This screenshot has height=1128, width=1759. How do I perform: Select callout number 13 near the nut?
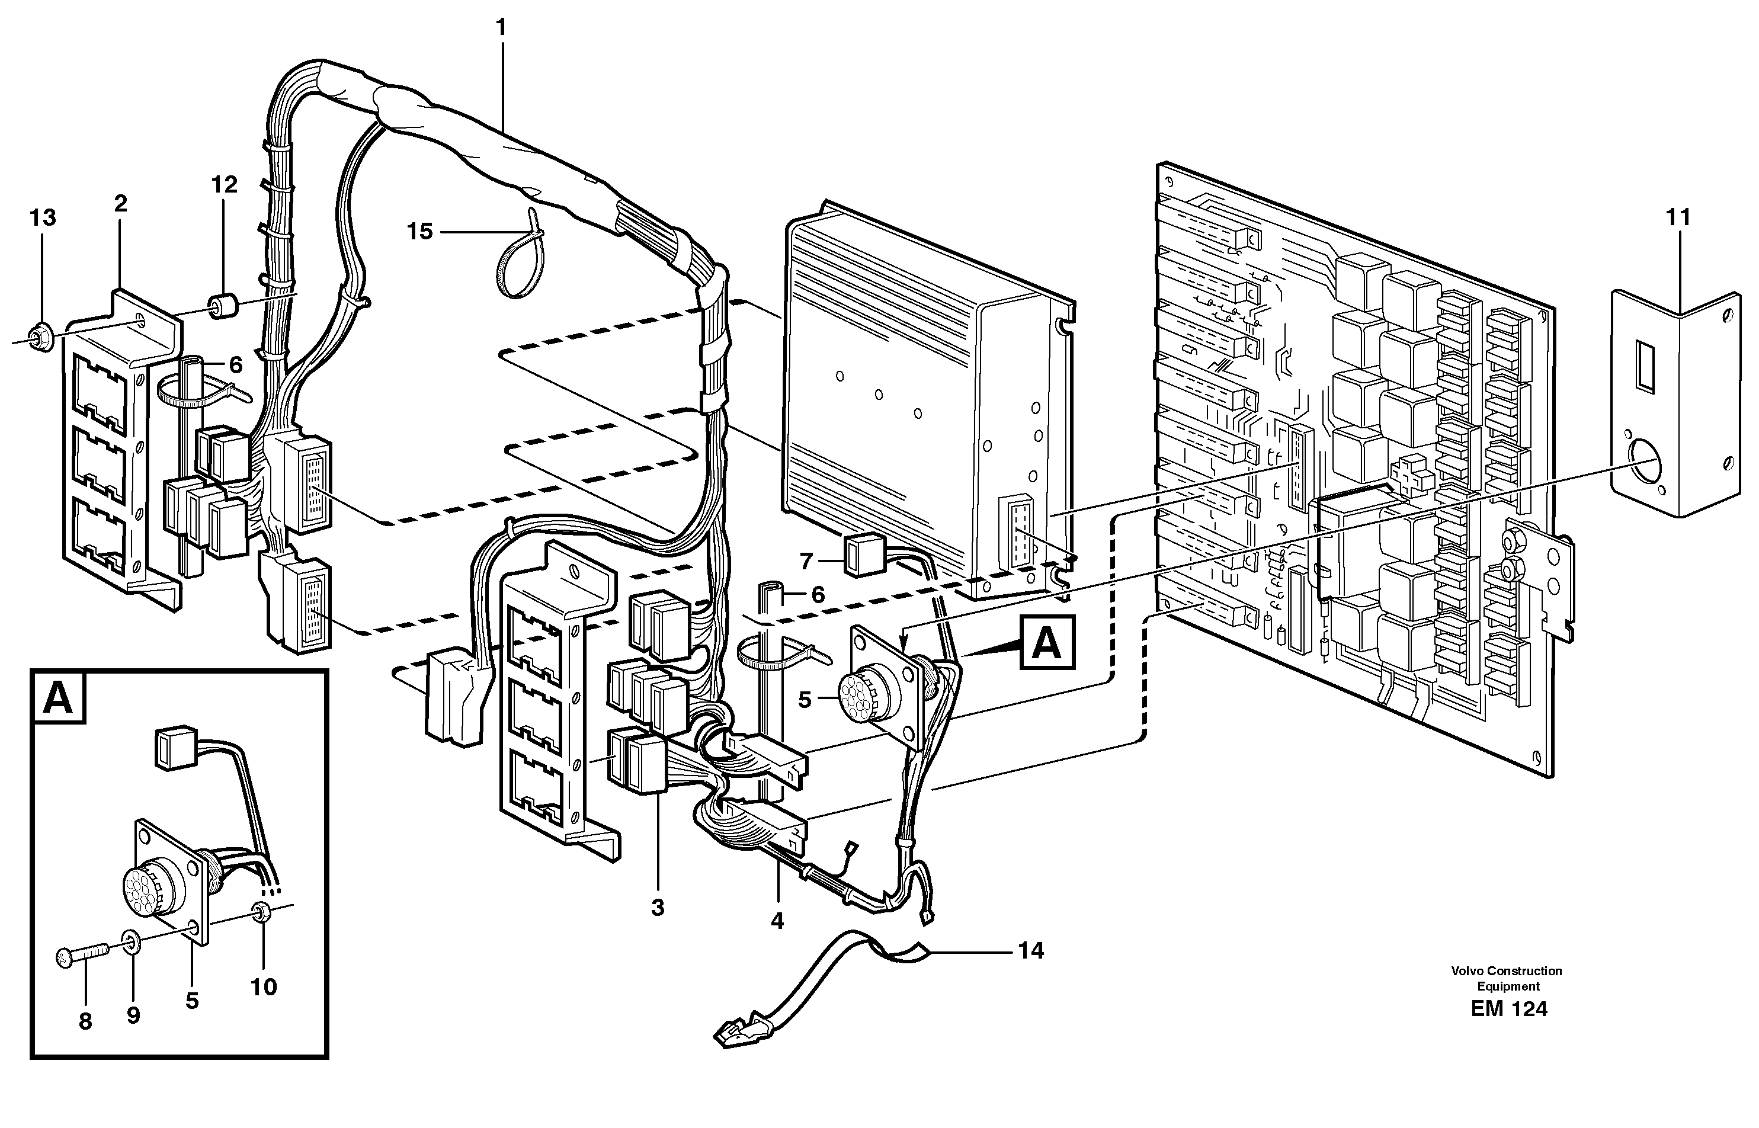[43, 217]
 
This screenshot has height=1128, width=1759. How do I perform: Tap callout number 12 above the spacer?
[225, 185]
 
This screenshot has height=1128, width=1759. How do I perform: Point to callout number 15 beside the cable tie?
[419, 232]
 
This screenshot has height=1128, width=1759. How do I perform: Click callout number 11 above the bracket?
[1678, 217]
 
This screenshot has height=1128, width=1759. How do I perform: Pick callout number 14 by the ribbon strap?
[1030, 951]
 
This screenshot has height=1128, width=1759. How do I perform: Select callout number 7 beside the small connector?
[806, 562]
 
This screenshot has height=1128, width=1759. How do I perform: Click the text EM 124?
[1508, 1010]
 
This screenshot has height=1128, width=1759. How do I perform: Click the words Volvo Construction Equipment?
[1507, 979]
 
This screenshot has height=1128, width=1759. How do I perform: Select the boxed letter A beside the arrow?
[1048, 643]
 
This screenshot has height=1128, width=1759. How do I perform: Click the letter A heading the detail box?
[58, 698]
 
